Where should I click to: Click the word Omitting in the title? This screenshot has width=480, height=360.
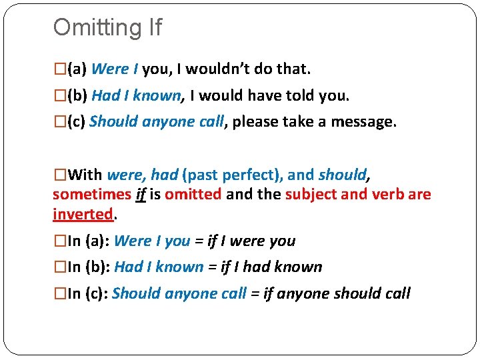pos(93,28)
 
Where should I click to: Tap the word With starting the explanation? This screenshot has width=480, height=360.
pos(85,175)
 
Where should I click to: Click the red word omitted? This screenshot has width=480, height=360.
pos(193,195)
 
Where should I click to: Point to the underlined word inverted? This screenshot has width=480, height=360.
pos(83,214)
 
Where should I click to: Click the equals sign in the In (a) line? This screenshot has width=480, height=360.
pos(199,241)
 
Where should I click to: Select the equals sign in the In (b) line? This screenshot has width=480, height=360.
pos(212,267)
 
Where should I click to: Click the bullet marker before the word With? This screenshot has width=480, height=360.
pos(59,175)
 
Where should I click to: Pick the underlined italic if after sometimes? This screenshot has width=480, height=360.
pos(141,195)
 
